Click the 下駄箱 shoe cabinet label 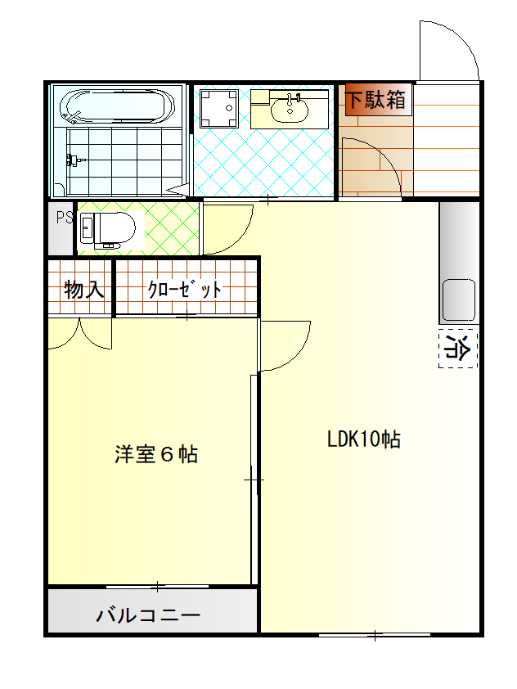pos(376,99)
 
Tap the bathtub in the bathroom pos(117,106)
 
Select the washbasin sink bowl pos(290,110)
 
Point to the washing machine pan pos(218,109)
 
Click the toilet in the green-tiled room pos(107,230)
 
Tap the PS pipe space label pos(65,218)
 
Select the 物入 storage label pos(84,290)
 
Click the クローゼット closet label pos(185,290)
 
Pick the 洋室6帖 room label pos(156,454)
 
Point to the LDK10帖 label pos(364,439)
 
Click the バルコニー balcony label pos(148,615)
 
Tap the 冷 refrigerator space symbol pos(457,348)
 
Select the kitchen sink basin pos(458,300)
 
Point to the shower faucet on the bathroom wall pos(74,159)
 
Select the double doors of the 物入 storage pos(79,334)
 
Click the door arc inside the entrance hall pos(384,155)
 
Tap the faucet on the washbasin pos(290,99)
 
